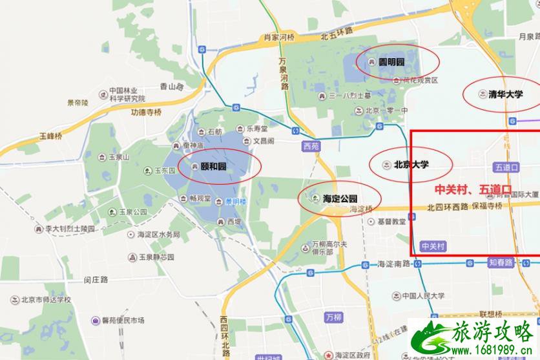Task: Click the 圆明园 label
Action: coord(391,62)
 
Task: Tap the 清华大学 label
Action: coord(506,94)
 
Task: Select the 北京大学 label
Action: coord(411,165)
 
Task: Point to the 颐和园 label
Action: coord(213,166)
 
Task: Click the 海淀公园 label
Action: coord(340,198)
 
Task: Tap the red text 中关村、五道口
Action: coord(473,190)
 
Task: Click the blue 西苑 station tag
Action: coord(311,146)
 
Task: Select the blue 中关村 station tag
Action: coord(433,246)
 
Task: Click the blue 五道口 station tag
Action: coord(507,167)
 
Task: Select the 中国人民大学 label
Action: coord(423,296)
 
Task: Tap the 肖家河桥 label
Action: coord(280,38)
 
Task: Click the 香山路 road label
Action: coord(172,86)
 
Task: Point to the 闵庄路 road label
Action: coord(96,280)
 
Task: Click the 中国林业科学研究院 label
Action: coord(127,94)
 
